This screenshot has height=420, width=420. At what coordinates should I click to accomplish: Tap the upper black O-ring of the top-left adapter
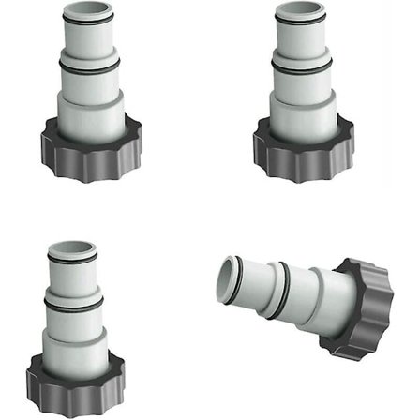pyautogui.click(x=88, y=22)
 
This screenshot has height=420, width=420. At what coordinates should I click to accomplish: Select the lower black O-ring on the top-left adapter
pyautogui.click(x=88, y=68)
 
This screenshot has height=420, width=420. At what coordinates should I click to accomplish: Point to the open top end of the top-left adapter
pyautogui.click(x=88, y=8)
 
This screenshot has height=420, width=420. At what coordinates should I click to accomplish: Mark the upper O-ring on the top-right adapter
pyautogui.click(x=303, y=22)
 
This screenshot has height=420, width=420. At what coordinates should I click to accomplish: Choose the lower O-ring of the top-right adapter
pyautogui.click(x=303, y=68)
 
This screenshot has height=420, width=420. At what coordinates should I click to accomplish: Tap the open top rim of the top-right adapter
pyautogui.click(x=303, y=8)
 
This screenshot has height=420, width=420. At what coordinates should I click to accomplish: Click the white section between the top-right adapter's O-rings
pyautogui.click(x=303, y=45)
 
